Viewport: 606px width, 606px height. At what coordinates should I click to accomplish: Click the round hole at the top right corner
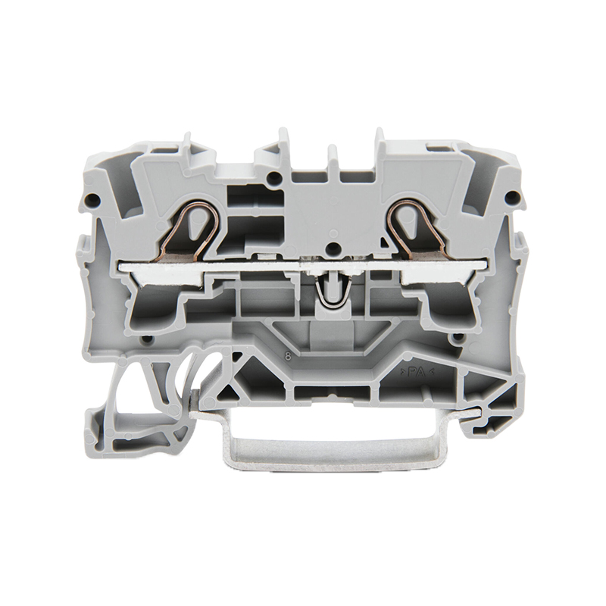pos(514,200)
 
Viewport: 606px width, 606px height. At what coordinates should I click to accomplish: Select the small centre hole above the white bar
pos(331,248)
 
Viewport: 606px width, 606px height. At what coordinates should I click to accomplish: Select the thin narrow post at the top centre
pos(333,155)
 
